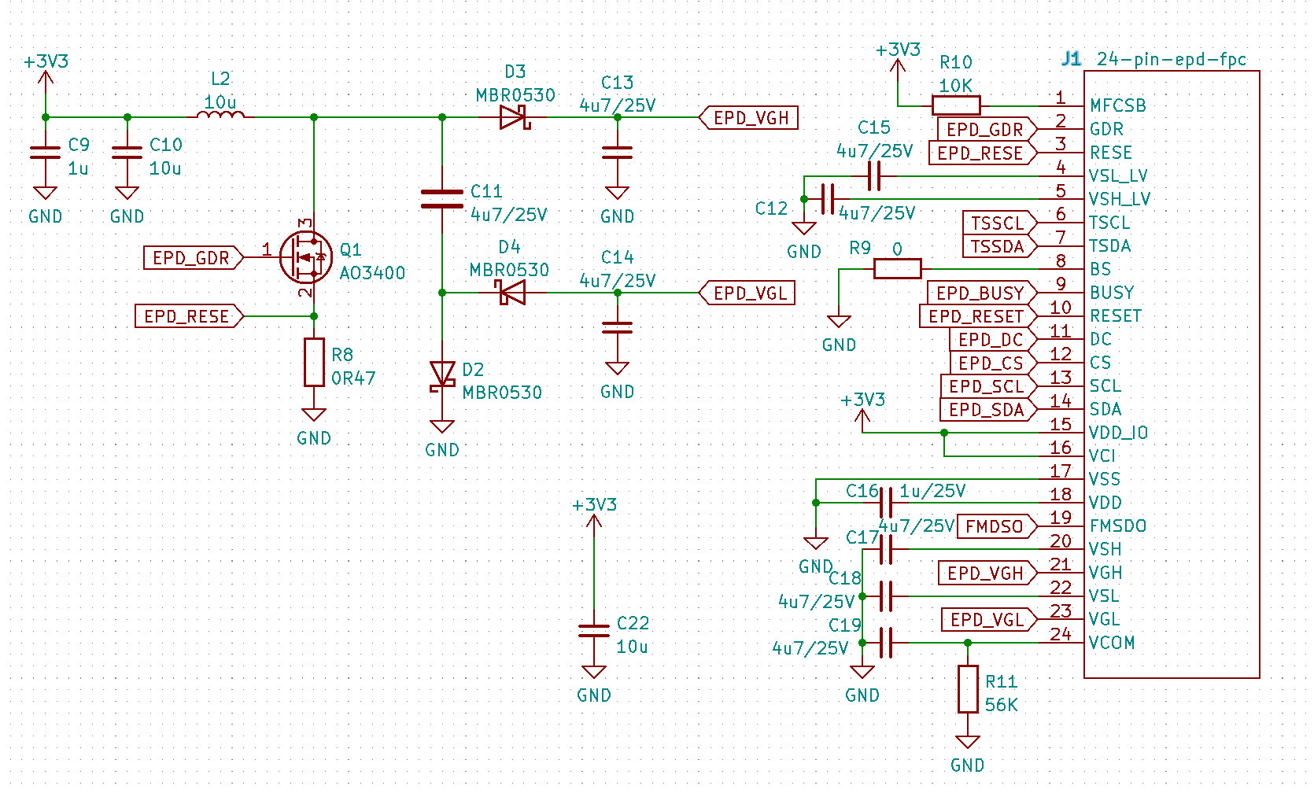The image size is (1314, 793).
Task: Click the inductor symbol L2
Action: click(220, 116)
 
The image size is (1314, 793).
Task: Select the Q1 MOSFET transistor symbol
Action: click(305, 257)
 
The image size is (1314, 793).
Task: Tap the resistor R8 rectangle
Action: click(314, 362)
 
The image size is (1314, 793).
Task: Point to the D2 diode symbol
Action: click(442, 375)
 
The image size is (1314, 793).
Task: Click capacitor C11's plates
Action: click(442, 199)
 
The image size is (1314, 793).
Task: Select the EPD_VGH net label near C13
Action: click(749, 118)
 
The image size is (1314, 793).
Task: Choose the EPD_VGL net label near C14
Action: click(749, 293)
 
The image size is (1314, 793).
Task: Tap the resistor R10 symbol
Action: click(956, 105)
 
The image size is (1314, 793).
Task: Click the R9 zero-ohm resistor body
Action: click(897, 269)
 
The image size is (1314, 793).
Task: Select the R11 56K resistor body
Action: click(968, 689)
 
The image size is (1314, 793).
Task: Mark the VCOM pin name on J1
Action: click(1112, 643)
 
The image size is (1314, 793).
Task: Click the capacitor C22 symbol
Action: click(594, 630)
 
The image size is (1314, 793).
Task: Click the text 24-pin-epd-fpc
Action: click(1171, 59)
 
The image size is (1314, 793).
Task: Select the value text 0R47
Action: click(353, 378)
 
